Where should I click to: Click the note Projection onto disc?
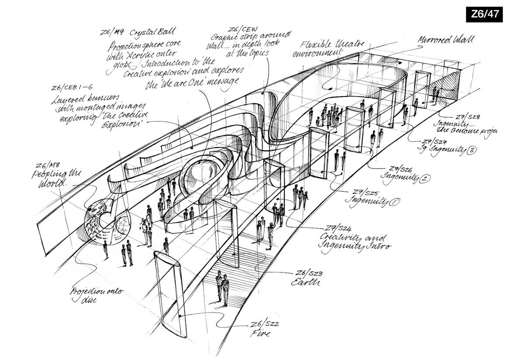(x=97, y=295)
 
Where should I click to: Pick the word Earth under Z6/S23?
(x=305, y=282)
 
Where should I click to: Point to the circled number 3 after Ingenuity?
(x=472, y=151)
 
